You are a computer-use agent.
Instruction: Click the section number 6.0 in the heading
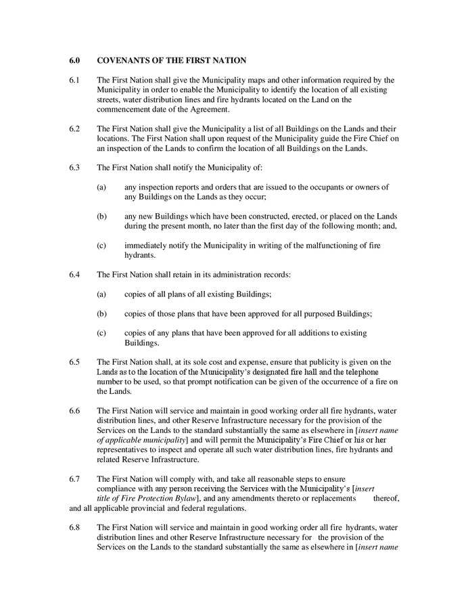coord(74,60)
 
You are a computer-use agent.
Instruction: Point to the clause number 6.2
coord(74,129)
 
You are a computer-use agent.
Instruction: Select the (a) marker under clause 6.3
coord(101,187)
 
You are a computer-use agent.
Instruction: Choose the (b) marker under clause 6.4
coord(101,313)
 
